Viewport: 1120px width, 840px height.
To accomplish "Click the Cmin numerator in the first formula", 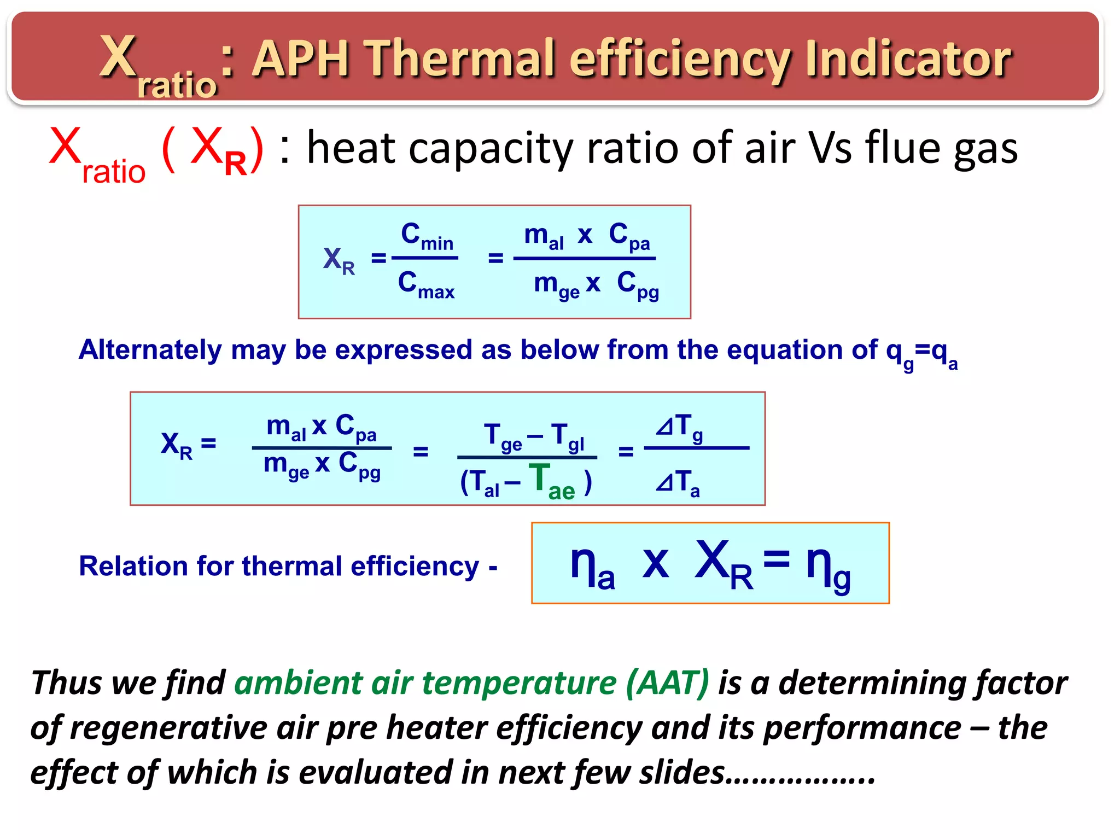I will [x=427, y=236].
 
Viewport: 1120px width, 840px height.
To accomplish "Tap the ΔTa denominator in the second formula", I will [x=678, y=483].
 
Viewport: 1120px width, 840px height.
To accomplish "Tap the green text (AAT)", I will [x=667, y=683].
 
